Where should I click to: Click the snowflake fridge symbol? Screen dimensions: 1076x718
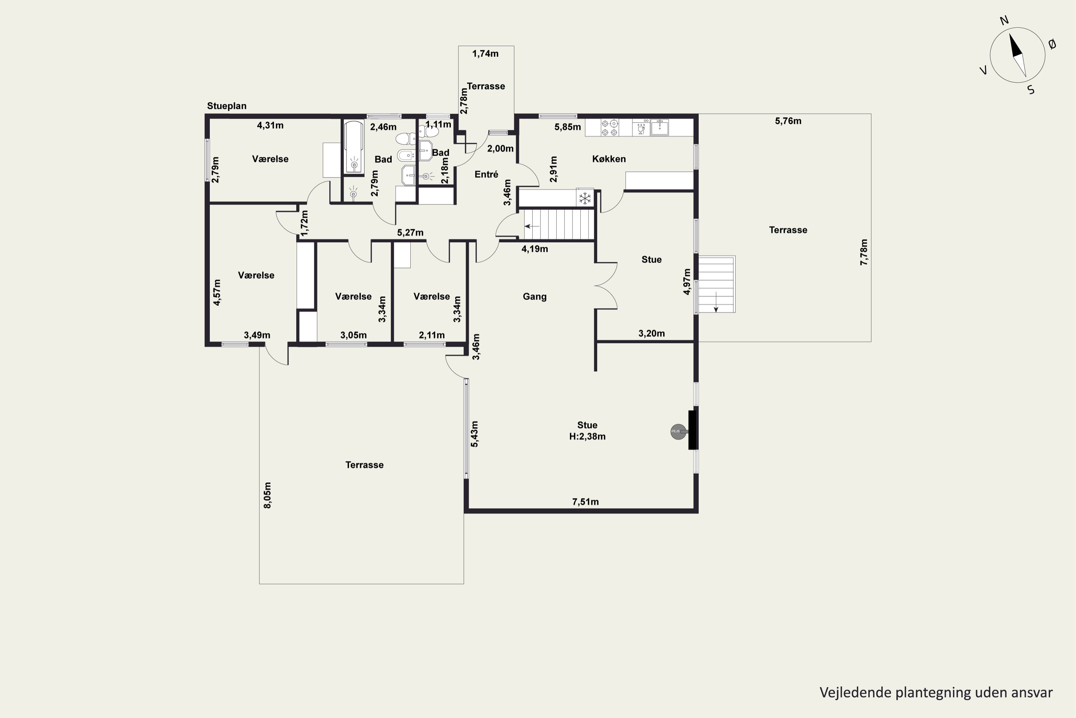pyautogui.click(x=585, y=198)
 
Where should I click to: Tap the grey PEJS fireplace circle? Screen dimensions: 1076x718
pyautogui.click(x=678, y=432)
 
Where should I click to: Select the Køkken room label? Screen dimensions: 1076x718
pyautogui.click(x=609, y=159)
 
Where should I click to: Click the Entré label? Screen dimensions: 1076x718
pyautogui.click(x=486, y=174)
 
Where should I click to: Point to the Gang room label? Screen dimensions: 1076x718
pyautogui.click(x=534, y=297)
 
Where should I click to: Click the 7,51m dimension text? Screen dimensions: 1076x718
pyautogui.click(x=585, y=502)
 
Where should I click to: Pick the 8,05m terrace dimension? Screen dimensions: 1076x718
pyautogui.click(x=268, y=495)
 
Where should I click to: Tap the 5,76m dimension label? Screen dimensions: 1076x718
pyautogui.click(x=788, y=121)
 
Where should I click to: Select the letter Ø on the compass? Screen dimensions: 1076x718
pyautogui.click(x=1052, y=44)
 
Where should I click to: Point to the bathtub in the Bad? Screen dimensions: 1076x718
pyautogui.click(x=354, y=146)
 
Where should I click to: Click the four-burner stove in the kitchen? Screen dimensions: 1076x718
pyautogui.click(x=609, y=128)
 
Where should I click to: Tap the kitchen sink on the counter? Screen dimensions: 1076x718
pyautogui.click(x=659, y=128)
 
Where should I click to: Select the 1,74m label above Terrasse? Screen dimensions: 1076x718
pyautogui.click(x=485, y=53)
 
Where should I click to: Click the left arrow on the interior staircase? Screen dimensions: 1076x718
pyautogui.click(x=532, y=226)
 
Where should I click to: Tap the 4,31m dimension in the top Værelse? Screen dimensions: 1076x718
pyautogui.click(x=270, y=125)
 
